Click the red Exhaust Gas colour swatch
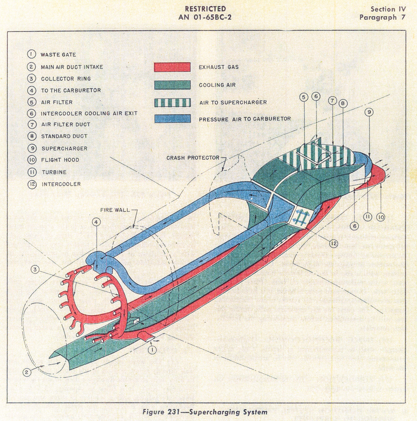click(172, 67)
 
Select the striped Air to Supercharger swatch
click(172, 102)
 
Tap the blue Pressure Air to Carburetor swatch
click(172, 119)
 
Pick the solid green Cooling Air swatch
click(172, 85)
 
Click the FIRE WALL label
click(115, 210)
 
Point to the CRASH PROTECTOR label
click(193, 158)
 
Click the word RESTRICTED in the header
click(205, 9)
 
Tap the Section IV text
click(388, 9)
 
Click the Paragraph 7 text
click(382, 17)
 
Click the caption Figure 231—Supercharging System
click(205, 412)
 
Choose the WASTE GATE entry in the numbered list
click(58, 55)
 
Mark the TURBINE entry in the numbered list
click(54, 172)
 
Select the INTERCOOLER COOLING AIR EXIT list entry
click(89, 113)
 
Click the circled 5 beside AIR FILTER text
click(32, 102)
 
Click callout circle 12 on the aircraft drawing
click(334, 243)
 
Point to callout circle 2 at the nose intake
click(26, 372)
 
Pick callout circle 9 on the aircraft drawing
click(369, 112)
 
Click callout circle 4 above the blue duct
click(96, 222)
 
